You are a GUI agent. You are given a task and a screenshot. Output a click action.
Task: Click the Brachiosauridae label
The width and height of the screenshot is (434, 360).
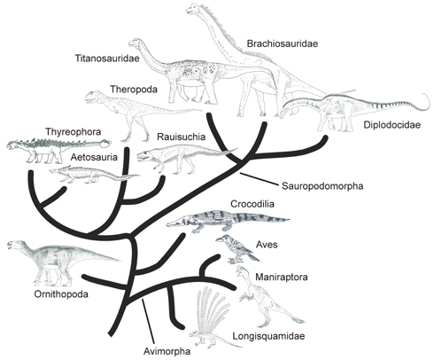283,43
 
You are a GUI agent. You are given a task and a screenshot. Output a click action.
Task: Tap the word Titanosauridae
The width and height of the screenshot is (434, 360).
107,59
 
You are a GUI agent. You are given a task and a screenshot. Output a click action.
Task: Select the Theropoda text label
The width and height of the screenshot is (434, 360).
134,90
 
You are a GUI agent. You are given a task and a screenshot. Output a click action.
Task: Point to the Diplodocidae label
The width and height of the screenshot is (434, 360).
391,125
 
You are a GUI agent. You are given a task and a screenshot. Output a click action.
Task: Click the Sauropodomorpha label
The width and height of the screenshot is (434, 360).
322,186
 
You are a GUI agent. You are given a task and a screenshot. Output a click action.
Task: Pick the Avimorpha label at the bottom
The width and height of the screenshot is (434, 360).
167,351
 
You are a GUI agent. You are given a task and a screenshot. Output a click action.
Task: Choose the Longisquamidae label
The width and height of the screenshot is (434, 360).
268,336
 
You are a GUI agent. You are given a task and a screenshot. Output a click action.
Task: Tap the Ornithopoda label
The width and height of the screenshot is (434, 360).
61,294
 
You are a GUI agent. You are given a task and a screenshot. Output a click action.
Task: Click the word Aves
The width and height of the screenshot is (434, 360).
267,245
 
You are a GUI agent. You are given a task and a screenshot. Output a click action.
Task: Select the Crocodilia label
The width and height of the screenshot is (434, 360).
252,204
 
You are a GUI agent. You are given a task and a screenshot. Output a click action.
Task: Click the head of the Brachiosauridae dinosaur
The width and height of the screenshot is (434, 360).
193,8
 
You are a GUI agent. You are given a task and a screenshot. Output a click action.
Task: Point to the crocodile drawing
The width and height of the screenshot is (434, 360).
228,221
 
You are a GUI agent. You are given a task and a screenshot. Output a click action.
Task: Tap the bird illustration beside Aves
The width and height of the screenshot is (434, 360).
236,248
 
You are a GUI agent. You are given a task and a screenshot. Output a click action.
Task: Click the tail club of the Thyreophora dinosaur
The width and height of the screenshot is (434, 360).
105,144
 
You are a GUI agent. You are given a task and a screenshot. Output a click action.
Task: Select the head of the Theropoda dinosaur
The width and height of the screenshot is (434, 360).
95,97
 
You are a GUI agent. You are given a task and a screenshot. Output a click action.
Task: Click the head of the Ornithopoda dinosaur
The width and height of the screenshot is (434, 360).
15,245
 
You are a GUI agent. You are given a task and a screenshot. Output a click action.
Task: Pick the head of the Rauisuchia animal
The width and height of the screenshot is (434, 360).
145,156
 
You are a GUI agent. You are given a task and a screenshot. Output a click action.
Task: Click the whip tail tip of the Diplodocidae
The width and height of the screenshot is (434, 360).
425,95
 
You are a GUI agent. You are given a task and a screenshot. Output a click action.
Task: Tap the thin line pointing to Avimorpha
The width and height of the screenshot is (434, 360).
148,323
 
